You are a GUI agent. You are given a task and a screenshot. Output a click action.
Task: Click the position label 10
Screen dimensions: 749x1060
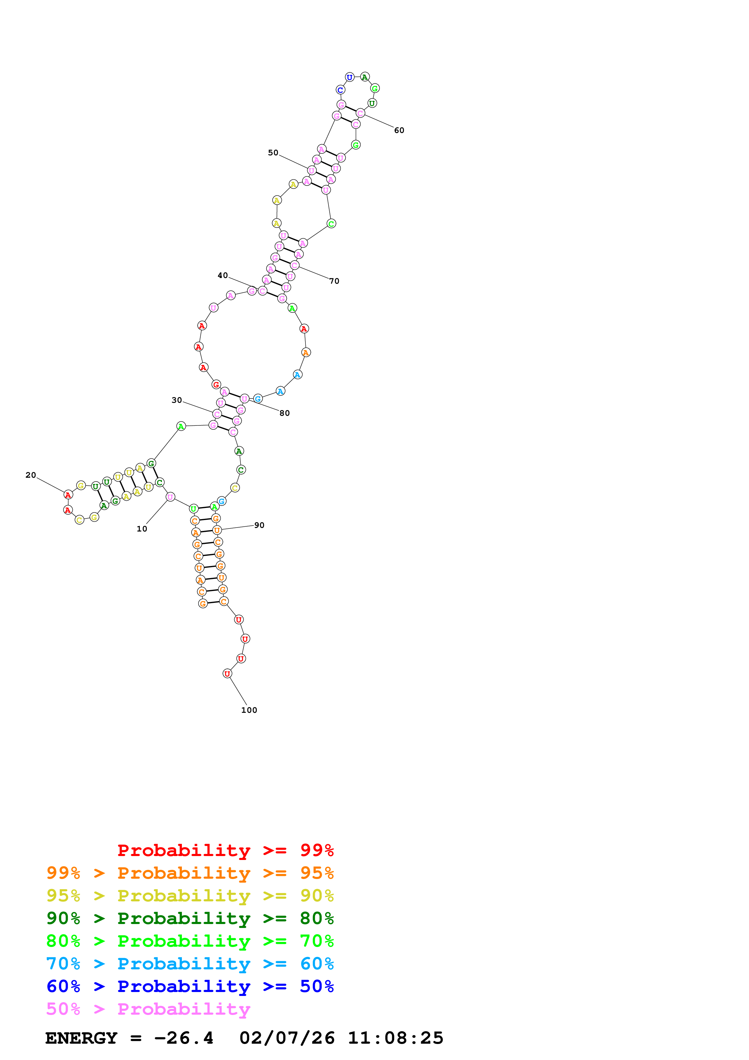[x=142, y=529]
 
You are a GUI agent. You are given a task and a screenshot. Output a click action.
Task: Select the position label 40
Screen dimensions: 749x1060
[x=222, y=276]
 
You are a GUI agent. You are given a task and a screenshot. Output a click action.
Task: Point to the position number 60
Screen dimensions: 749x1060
[x=399, y=131]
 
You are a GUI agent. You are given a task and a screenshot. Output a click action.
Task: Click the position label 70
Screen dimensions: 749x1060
[x=334, y=281]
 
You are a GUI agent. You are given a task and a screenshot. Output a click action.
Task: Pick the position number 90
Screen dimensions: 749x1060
[x=259, y=525]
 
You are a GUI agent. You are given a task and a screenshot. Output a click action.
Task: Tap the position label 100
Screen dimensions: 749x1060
[x=249, y=710]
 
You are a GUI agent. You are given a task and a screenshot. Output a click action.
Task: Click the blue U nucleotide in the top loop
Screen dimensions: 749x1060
[x=349, y=77]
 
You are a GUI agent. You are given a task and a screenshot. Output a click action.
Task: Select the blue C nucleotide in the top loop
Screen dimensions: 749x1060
[x=340, y=90]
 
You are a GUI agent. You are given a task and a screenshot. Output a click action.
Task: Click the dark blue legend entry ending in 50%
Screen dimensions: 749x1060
[x=190, y=986]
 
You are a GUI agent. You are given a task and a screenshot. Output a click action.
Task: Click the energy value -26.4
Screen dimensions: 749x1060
[x=184, y=1038]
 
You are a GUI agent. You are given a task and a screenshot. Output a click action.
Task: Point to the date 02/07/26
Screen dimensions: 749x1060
[x=287, y=1038]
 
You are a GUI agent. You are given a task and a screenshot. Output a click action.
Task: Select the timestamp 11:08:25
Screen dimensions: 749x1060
[x=395, y=1038]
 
